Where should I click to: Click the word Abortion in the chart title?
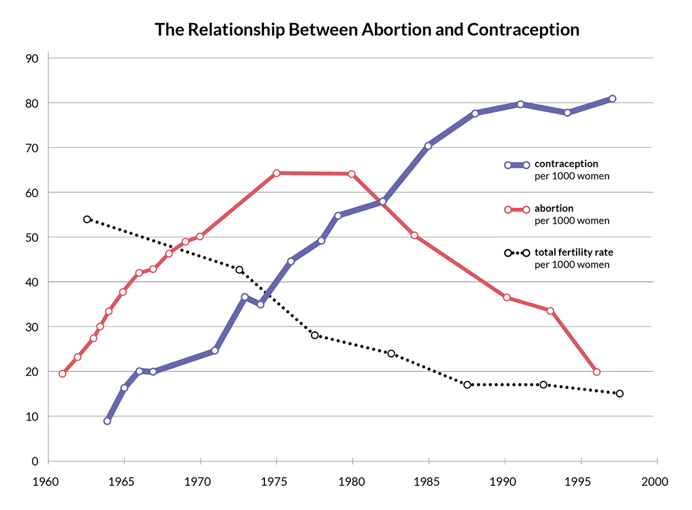pyautogui.click(x=397, y=30)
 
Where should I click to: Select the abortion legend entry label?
pyautogui.click(x=554, y=209)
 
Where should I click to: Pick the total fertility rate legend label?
pyautogui.click(x=573, y=253)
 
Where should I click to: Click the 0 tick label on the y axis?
pyautogui.click(x=36, y=461)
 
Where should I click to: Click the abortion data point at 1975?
pyautogui.click(x=276, y=173)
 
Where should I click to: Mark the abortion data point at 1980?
pyautogui.click(x=352, y=174)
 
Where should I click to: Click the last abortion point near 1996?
pyautogui.click(x=596, y=372)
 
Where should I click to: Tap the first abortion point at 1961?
pyautogui.click(x=62, y=373)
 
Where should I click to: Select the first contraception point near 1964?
pyautogui.click(x=108, y=421)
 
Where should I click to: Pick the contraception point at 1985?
pyautogui.click(x=428, y=146)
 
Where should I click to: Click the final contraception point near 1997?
pyautogui.click(x=612, y=99)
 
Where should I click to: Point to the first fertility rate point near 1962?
pyautogui.click(x=87, y=219)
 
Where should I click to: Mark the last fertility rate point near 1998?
pyautogui.click(x=620, y=394)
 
